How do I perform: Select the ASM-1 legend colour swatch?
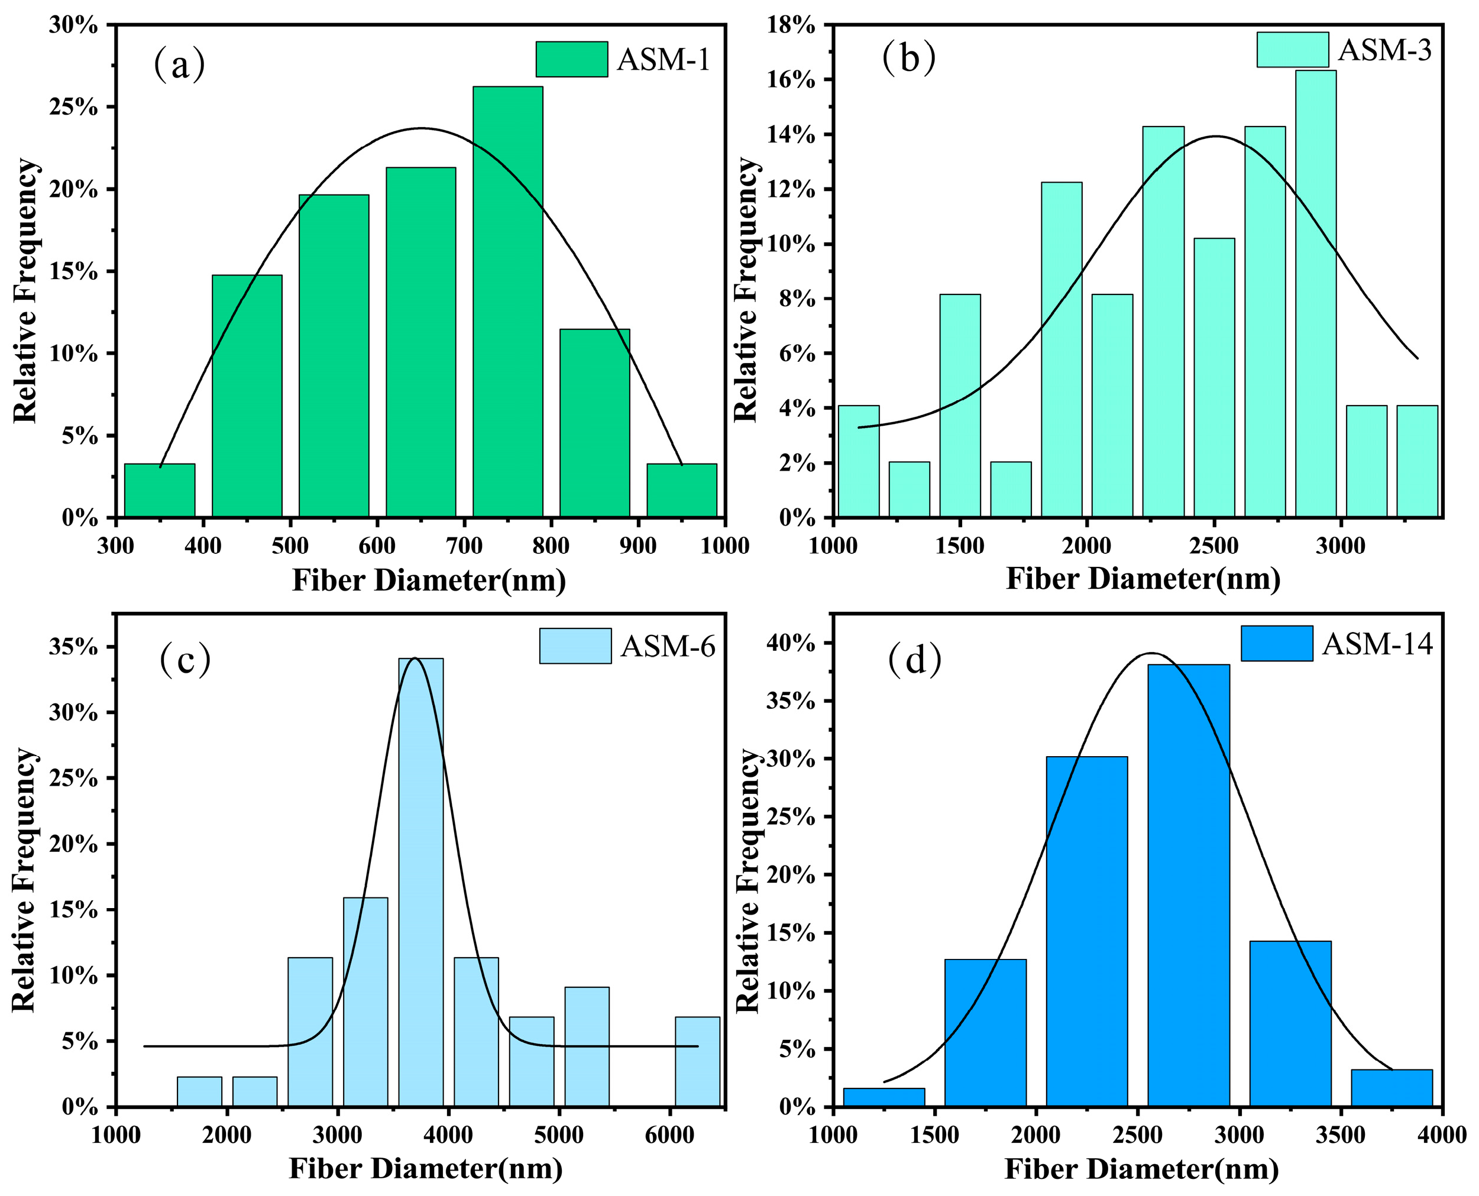tap(571, 59)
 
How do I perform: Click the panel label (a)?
tap(179, 63)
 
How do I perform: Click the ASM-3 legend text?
tap(1384, 50)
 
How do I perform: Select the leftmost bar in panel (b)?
tap(858, 462)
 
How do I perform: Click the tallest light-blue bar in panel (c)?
tap(420, 882)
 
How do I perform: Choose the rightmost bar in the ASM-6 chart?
tap(697, 1062)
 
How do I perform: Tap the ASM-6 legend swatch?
tap(575, 646)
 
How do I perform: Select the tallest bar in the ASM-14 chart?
tap(1188, 885)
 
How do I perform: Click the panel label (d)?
tap(915, 660)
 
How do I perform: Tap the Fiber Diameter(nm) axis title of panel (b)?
tap(1143, 579)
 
